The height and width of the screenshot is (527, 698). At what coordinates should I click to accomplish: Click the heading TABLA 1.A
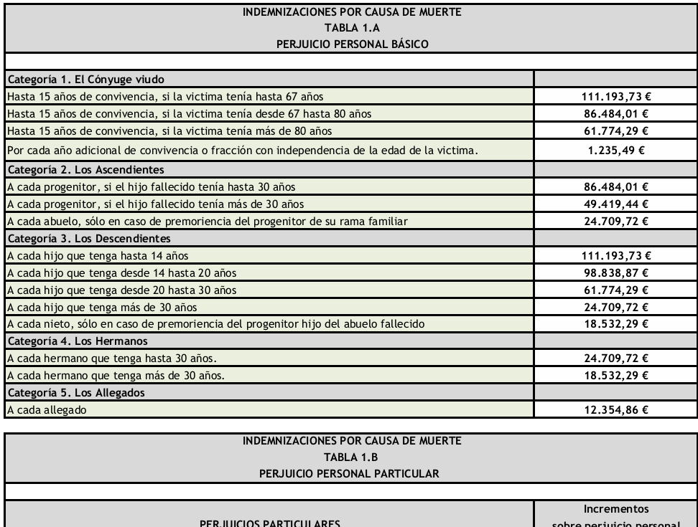(349, 28)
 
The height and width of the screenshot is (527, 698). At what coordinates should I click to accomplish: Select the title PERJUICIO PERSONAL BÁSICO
(349, 42)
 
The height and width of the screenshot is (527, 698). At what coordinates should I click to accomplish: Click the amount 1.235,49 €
(615, 151)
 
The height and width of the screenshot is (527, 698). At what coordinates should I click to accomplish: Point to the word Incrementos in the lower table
(615, 510)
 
